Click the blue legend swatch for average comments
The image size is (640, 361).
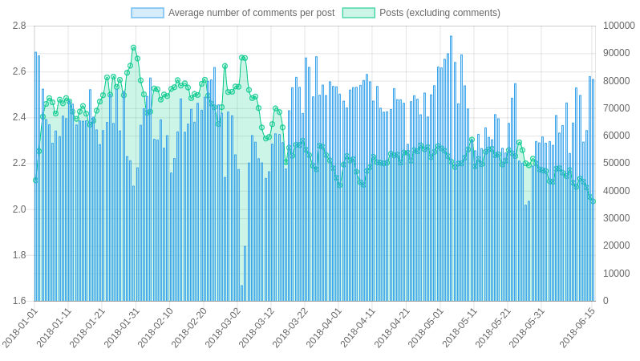pos(148,13)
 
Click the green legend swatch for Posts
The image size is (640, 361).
pos(358,13)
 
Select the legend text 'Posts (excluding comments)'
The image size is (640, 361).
pos(439,13)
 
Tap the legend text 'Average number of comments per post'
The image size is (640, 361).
pos(251,13)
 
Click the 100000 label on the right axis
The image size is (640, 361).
pos(618,26)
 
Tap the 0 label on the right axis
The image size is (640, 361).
pos(606,301)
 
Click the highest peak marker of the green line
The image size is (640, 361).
pos(134,48)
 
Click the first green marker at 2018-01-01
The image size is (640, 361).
pos(35,180)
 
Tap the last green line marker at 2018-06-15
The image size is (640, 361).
pos(593,201)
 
